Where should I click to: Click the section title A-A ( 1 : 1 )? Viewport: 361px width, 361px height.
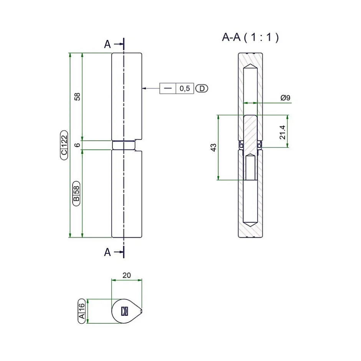250,37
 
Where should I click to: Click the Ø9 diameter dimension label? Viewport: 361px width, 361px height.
285,98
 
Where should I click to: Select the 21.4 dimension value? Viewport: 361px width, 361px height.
282,131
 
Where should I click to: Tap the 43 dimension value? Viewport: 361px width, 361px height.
214,147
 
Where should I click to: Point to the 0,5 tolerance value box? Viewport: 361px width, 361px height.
185,89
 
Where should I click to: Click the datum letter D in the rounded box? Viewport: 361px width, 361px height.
202,89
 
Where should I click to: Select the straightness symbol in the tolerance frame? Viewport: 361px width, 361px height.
168,89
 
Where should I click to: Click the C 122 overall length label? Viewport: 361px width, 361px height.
64,145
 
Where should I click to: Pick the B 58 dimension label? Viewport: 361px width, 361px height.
76,193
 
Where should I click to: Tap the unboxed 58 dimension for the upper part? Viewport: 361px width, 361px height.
77,96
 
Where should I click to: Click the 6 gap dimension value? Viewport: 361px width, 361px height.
77,145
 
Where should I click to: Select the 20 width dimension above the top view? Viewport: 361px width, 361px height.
126,275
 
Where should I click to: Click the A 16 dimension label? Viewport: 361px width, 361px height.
82,311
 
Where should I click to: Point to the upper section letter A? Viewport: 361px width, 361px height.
108,45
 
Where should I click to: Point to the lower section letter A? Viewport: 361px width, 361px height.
108,252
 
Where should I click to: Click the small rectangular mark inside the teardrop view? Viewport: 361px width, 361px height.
124,311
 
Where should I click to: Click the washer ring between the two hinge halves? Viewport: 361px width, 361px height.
124,145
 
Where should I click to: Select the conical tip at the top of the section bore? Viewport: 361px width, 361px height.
250,66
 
